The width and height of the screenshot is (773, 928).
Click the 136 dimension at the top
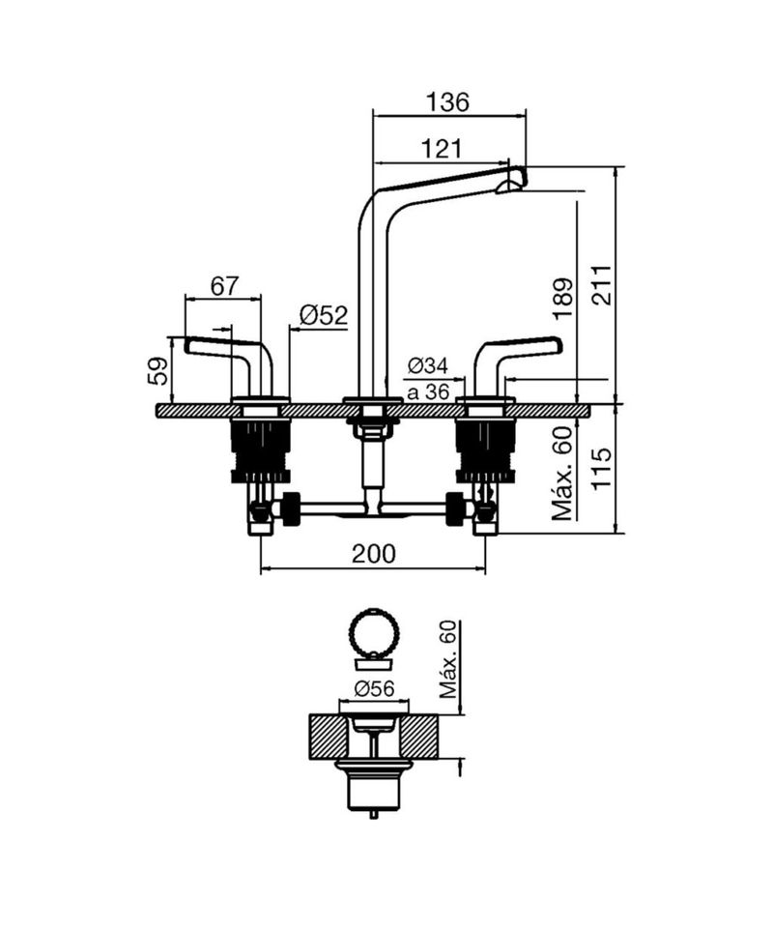click(x=447, y=101)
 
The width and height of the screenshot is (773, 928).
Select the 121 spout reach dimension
click(x=441, y=148)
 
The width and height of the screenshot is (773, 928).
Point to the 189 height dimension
click(x=563, y=299)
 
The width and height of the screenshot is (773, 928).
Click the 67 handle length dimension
click(x=224, y=286)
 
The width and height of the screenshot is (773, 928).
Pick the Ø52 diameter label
click(x=324, y=315)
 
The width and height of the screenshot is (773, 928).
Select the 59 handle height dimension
click(x=157, y=371)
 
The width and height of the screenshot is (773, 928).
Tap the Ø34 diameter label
click(x=428, y=365)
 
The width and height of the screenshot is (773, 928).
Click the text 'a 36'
click(x=428, y=391)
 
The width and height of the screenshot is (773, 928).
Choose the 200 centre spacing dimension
click(x=373, y=554)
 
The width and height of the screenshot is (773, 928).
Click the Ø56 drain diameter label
click(x=374, y=688)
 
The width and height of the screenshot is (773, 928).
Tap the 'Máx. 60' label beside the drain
click(x=449, y=659)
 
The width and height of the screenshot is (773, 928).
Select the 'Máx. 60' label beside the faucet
click(x=563, y=474)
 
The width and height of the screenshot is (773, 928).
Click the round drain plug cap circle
click(x=374, y=632)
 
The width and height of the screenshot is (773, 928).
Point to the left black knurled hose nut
click(x=291, y=508)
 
